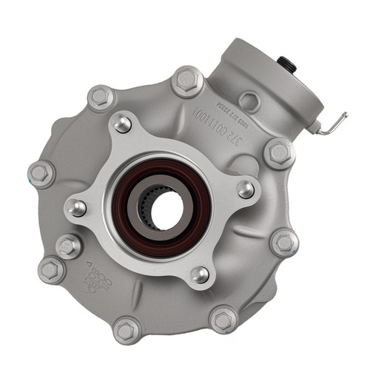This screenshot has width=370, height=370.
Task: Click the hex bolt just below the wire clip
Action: tap(279, 152)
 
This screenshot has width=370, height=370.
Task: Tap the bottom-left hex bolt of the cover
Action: tap(127, 329)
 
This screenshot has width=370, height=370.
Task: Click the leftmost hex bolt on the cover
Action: tap(41, 174)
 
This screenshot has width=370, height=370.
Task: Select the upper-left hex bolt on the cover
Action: tap(100, 96)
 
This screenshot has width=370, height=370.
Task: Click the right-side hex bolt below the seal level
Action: tap(284, 243)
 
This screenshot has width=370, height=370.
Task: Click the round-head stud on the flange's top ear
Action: tap(123, 124)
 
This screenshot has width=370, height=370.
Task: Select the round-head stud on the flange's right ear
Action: tap(246, 189)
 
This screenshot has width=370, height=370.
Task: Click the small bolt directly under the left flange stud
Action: tap(68, 245)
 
